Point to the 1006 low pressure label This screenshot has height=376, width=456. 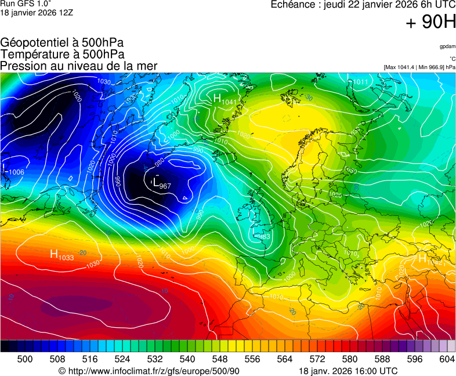tap(13, 171)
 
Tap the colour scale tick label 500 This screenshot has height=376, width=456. tap(24, 359)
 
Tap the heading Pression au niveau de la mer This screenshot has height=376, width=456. tap(79, 66)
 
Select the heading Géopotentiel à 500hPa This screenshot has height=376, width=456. tap(62, 43)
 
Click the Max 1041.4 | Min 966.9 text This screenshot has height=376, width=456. tap(419, 67)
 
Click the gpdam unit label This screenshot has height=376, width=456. tap(447, 46)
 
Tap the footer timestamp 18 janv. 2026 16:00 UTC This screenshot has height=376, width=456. tap(348, 371)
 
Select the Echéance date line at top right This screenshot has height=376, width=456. tap(363, 5)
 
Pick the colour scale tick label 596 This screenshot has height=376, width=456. tap(414, 359)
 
